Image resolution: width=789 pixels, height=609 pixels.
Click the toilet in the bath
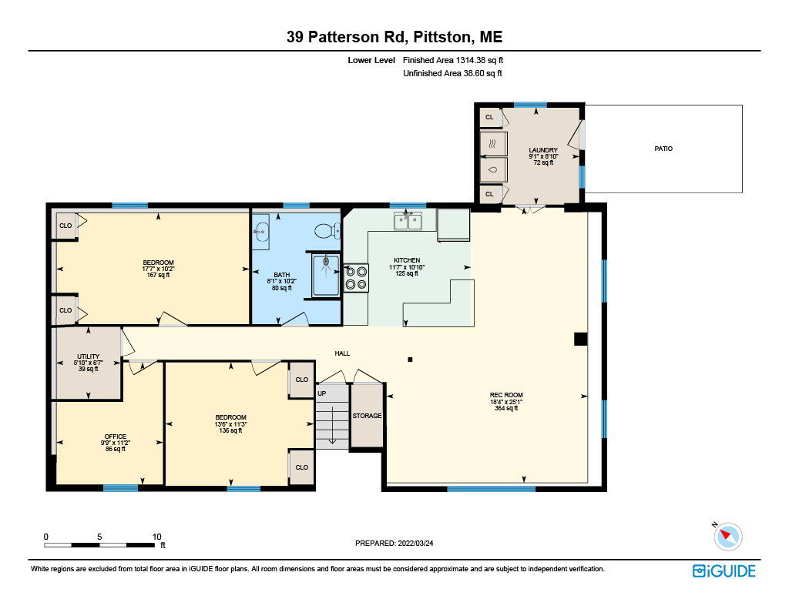click(327, 231)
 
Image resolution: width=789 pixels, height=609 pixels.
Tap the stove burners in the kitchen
click(356, 278)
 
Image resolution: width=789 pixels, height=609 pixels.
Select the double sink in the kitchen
click(408, 221)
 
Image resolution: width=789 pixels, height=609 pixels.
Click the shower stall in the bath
click(326, 275)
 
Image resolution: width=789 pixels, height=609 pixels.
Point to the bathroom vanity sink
click(260, 232)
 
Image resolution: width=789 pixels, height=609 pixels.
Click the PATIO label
click(663, 149)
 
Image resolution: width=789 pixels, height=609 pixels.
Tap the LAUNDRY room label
click(543, 150)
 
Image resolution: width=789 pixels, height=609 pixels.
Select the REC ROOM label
click(506, 395)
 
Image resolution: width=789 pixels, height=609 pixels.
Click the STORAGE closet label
click(367, 416)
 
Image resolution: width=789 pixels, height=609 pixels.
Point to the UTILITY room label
click(88, 356)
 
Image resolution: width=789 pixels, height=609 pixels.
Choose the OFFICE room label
click(116, 437)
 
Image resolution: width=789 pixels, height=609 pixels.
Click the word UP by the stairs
click(321, 393)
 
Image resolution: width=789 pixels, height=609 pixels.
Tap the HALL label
click(342, 353)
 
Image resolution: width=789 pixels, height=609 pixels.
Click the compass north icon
click(727, 536)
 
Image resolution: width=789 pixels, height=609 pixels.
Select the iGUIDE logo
click(724, 571)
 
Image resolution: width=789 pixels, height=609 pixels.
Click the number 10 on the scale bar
click(157, 537)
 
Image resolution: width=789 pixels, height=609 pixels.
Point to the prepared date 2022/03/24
click(415, 543)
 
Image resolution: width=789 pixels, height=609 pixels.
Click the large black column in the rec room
click(581, 339)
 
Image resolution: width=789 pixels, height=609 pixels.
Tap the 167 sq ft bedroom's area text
click(158, 275)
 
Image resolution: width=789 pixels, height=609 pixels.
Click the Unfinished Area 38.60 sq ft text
click(452, 73)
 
